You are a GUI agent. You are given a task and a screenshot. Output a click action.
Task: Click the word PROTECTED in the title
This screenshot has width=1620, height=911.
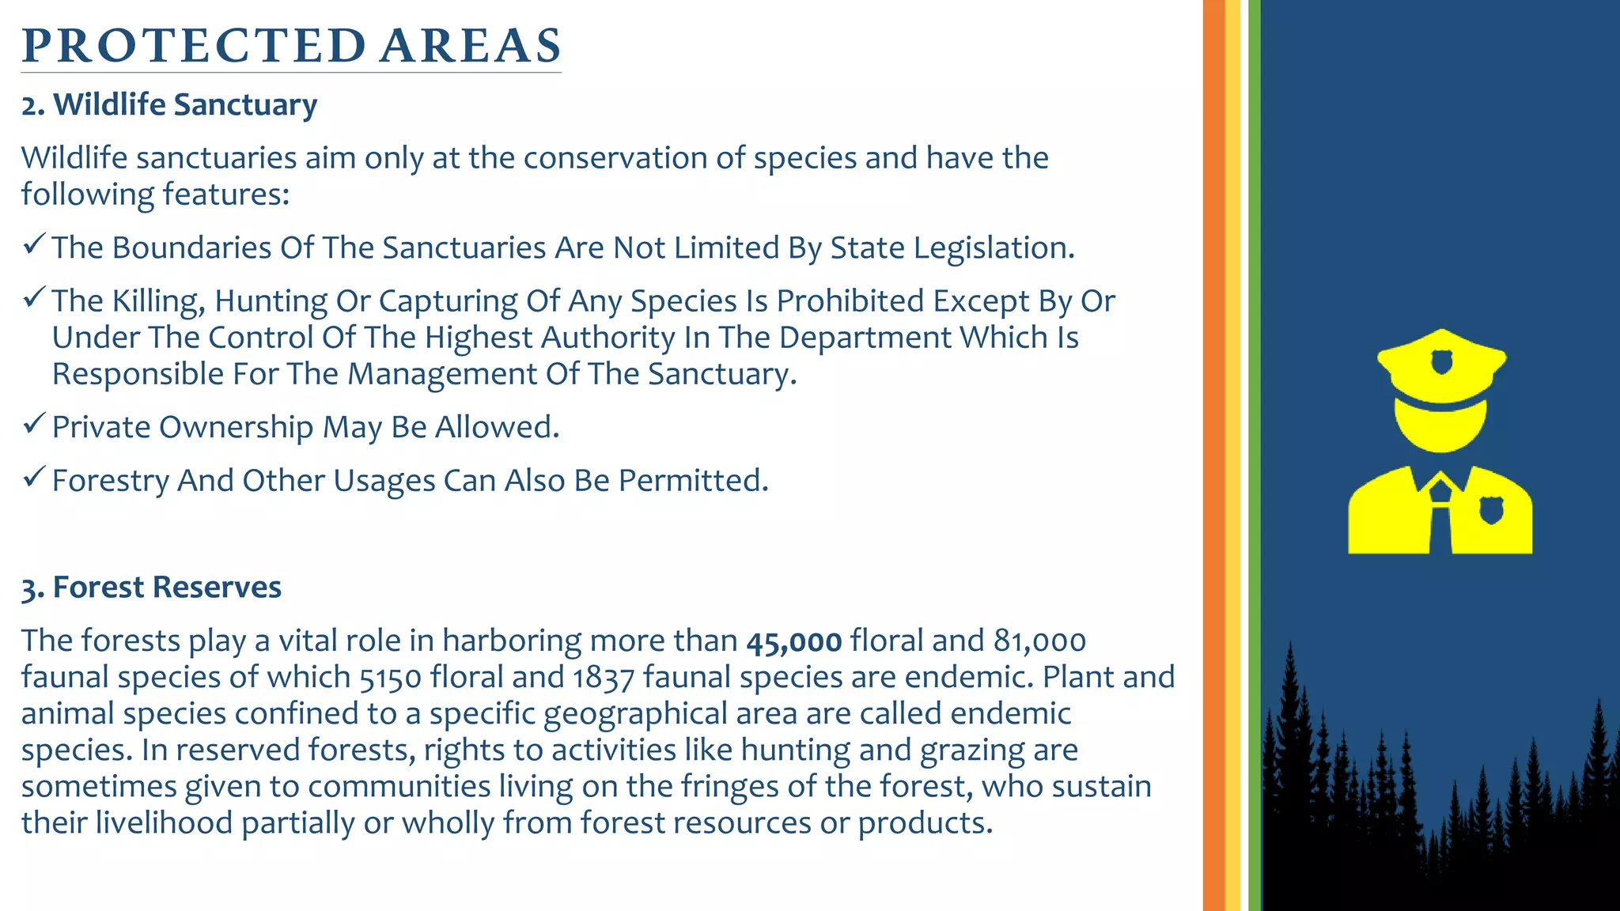pyautogui.click(x=194, y=46)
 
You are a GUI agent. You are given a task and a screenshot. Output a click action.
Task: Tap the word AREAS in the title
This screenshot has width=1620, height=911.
pyautogui.click(x=471, y=46)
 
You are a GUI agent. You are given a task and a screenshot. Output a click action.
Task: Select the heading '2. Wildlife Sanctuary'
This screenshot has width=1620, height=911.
pyautogui.click(x=169, y=105)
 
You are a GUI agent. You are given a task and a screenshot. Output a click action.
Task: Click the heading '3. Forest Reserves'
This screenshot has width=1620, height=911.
pyautogui.click(x=151, y=588)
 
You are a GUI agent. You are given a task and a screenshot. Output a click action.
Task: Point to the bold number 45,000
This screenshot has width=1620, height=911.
pyautogui.click(x=793, y=641)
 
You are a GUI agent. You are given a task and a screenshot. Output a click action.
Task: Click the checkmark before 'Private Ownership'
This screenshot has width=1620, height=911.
pyautogui.click(x=33, y=424)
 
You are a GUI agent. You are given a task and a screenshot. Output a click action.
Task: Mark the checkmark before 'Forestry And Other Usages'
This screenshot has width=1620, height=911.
pyautogui.click(x=33, y=477)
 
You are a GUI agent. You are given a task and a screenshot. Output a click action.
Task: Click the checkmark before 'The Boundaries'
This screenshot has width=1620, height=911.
pyautogui.click(x=33, y=244)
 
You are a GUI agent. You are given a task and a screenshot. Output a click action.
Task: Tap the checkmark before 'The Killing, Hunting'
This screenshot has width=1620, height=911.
pyautogui.click(x=33, y=297)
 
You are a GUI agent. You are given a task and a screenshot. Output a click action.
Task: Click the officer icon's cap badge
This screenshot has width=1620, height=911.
pyautogui.click(x=1441, y=361)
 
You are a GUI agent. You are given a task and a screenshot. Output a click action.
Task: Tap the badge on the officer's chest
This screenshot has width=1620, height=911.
pyautogui.click(x=1491, y=510)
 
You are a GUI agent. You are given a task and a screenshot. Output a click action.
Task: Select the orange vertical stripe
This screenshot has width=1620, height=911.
pyautogui.click(x=1213, y=455)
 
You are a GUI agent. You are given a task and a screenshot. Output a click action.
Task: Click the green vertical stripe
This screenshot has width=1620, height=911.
pyautogui.click(x=1255, y=455)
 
